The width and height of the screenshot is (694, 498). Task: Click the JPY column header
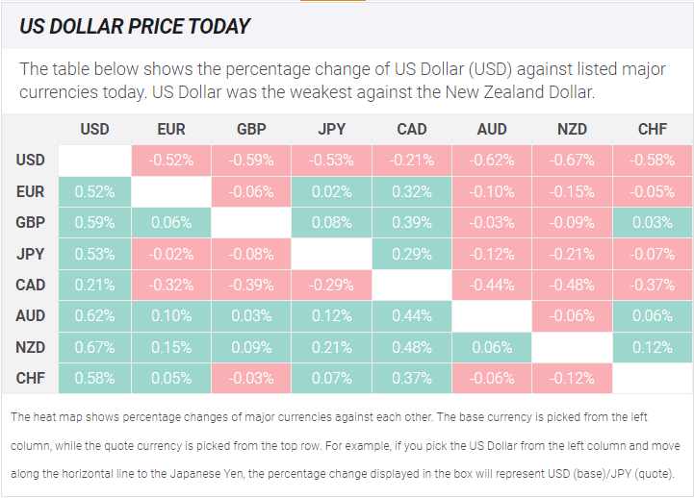coord(331,129)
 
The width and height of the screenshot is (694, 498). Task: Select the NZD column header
coord(572,129)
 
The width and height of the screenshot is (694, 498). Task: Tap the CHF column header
coord(653,129)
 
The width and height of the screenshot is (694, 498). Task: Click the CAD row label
coord(30,285)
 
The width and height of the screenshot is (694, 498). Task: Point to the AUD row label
coord(30,316)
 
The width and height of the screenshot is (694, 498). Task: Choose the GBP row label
coord(30,222)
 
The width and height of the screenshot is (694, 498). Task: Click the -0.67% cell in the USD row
coord(572,160)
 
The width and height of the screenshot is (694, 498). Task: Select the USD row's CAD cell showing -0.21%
coord(412,160)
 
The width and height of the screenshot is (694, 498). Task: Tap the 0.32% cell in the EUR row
coord(412,191)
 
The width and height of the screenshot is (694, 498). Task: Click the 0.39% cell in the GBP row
coord(412,222)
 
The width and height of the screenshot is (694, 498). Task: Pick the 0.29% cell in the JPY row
coord(412,254)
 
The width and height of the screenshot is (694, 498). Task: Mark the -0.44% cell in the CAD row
coord(492,285)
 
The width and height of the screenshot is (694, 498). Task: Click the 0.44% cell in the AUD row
coord(412,316)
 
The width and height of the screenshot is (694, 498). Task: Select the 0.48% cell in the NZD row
coord(412,347)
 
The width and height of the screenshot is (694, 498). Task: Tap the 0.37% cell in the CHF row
coord(412,378)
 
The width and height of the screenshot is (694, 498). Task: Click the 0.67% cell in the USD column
coord(94,347)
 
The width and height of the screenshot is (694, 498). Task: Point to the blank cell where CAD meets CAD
coord(412,285)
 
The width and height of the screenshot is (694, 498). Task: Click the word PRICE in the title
coord(156,27)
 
